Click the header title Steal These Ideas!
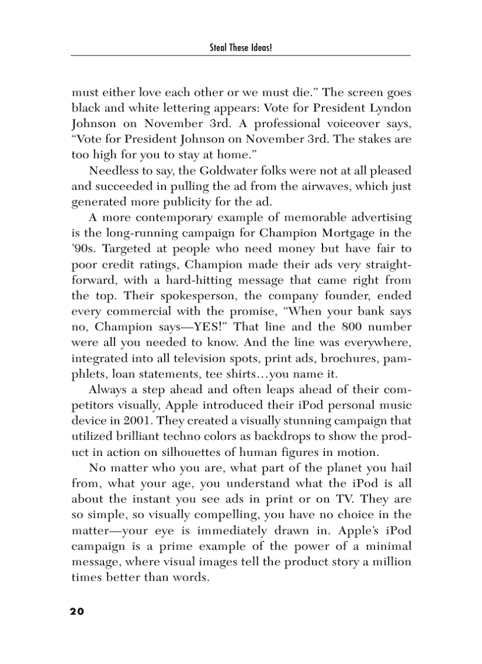240,47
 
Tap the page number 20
77,611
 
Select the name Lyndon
386,109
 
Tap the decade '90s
84,249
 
